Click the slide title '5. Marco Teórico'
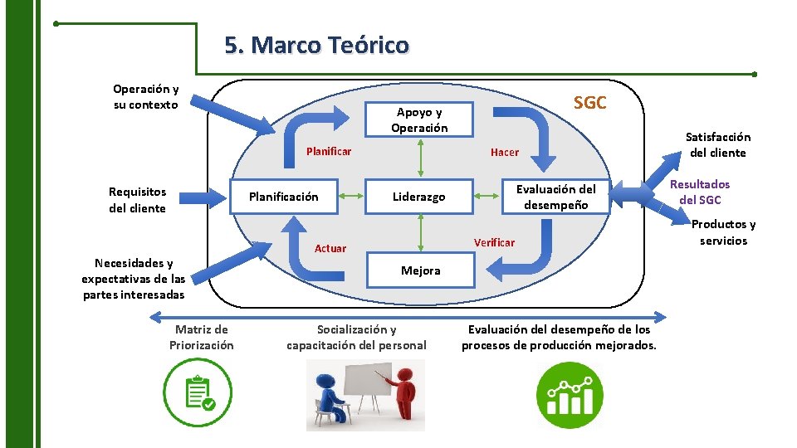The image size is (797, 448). coord(316,44)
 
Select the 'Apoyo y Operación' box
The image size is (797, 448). coord(420,120)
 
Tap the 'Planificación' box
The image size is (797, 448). coord(284,197)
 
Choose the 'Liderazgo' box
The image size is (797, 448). coord(420,197)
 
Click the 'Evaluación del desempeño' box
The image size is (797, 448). coord(556,197)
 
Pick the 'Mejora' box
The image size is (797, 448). coord(420,270)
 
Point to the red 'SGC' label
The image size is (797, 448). coord(590,103)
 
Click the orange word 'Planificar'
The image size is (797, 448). coord(329,151)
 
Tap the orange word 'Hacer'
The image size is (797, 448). coord(505,152)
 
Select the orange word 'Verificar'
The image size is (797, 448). coord(494,242)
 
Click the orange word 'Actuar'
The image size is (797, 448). coord(330,248)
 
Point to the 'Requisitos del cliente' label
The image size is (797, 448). coord(137,200)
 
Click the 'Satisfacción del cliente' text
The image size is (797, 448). coord(717,144)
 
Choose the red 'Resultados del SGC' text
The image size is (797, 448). coord(700,192)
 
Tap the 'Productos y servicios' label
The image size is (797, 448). coord(723,232)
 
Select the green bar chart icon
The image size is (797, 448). coord(569,395)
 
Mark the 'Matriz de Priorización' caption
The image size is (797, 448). coord(202,337)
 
